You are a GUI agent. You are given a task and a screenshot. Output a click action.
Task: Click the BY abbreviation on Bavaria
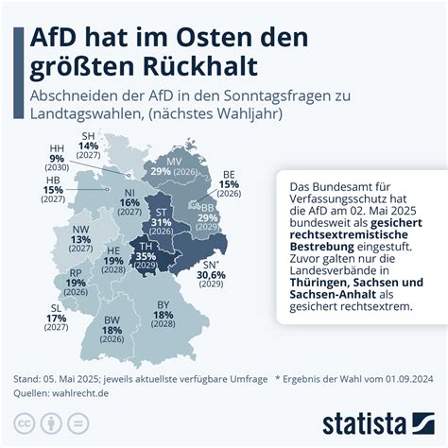point(162,304)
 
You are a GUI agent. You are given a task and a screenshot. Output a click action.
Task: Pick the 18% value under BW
point(112,331)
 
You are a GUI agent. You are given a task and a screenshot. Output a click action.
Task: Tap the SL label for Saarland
point(56,308)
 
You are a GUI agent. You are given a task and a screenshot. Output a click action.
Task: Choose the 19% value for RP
point(76,282)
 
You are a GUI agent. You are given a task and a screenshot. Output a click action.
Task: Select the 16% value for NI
point(130,202)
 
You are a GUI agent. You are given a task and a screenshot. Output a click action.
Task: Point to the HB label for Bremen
point(54,179)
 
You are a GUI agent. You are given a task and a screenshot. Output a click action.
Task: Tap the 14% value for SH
point(89,146)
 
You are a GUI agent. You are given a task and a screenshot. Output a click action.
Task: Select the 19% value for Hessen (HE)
point(112,261)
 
